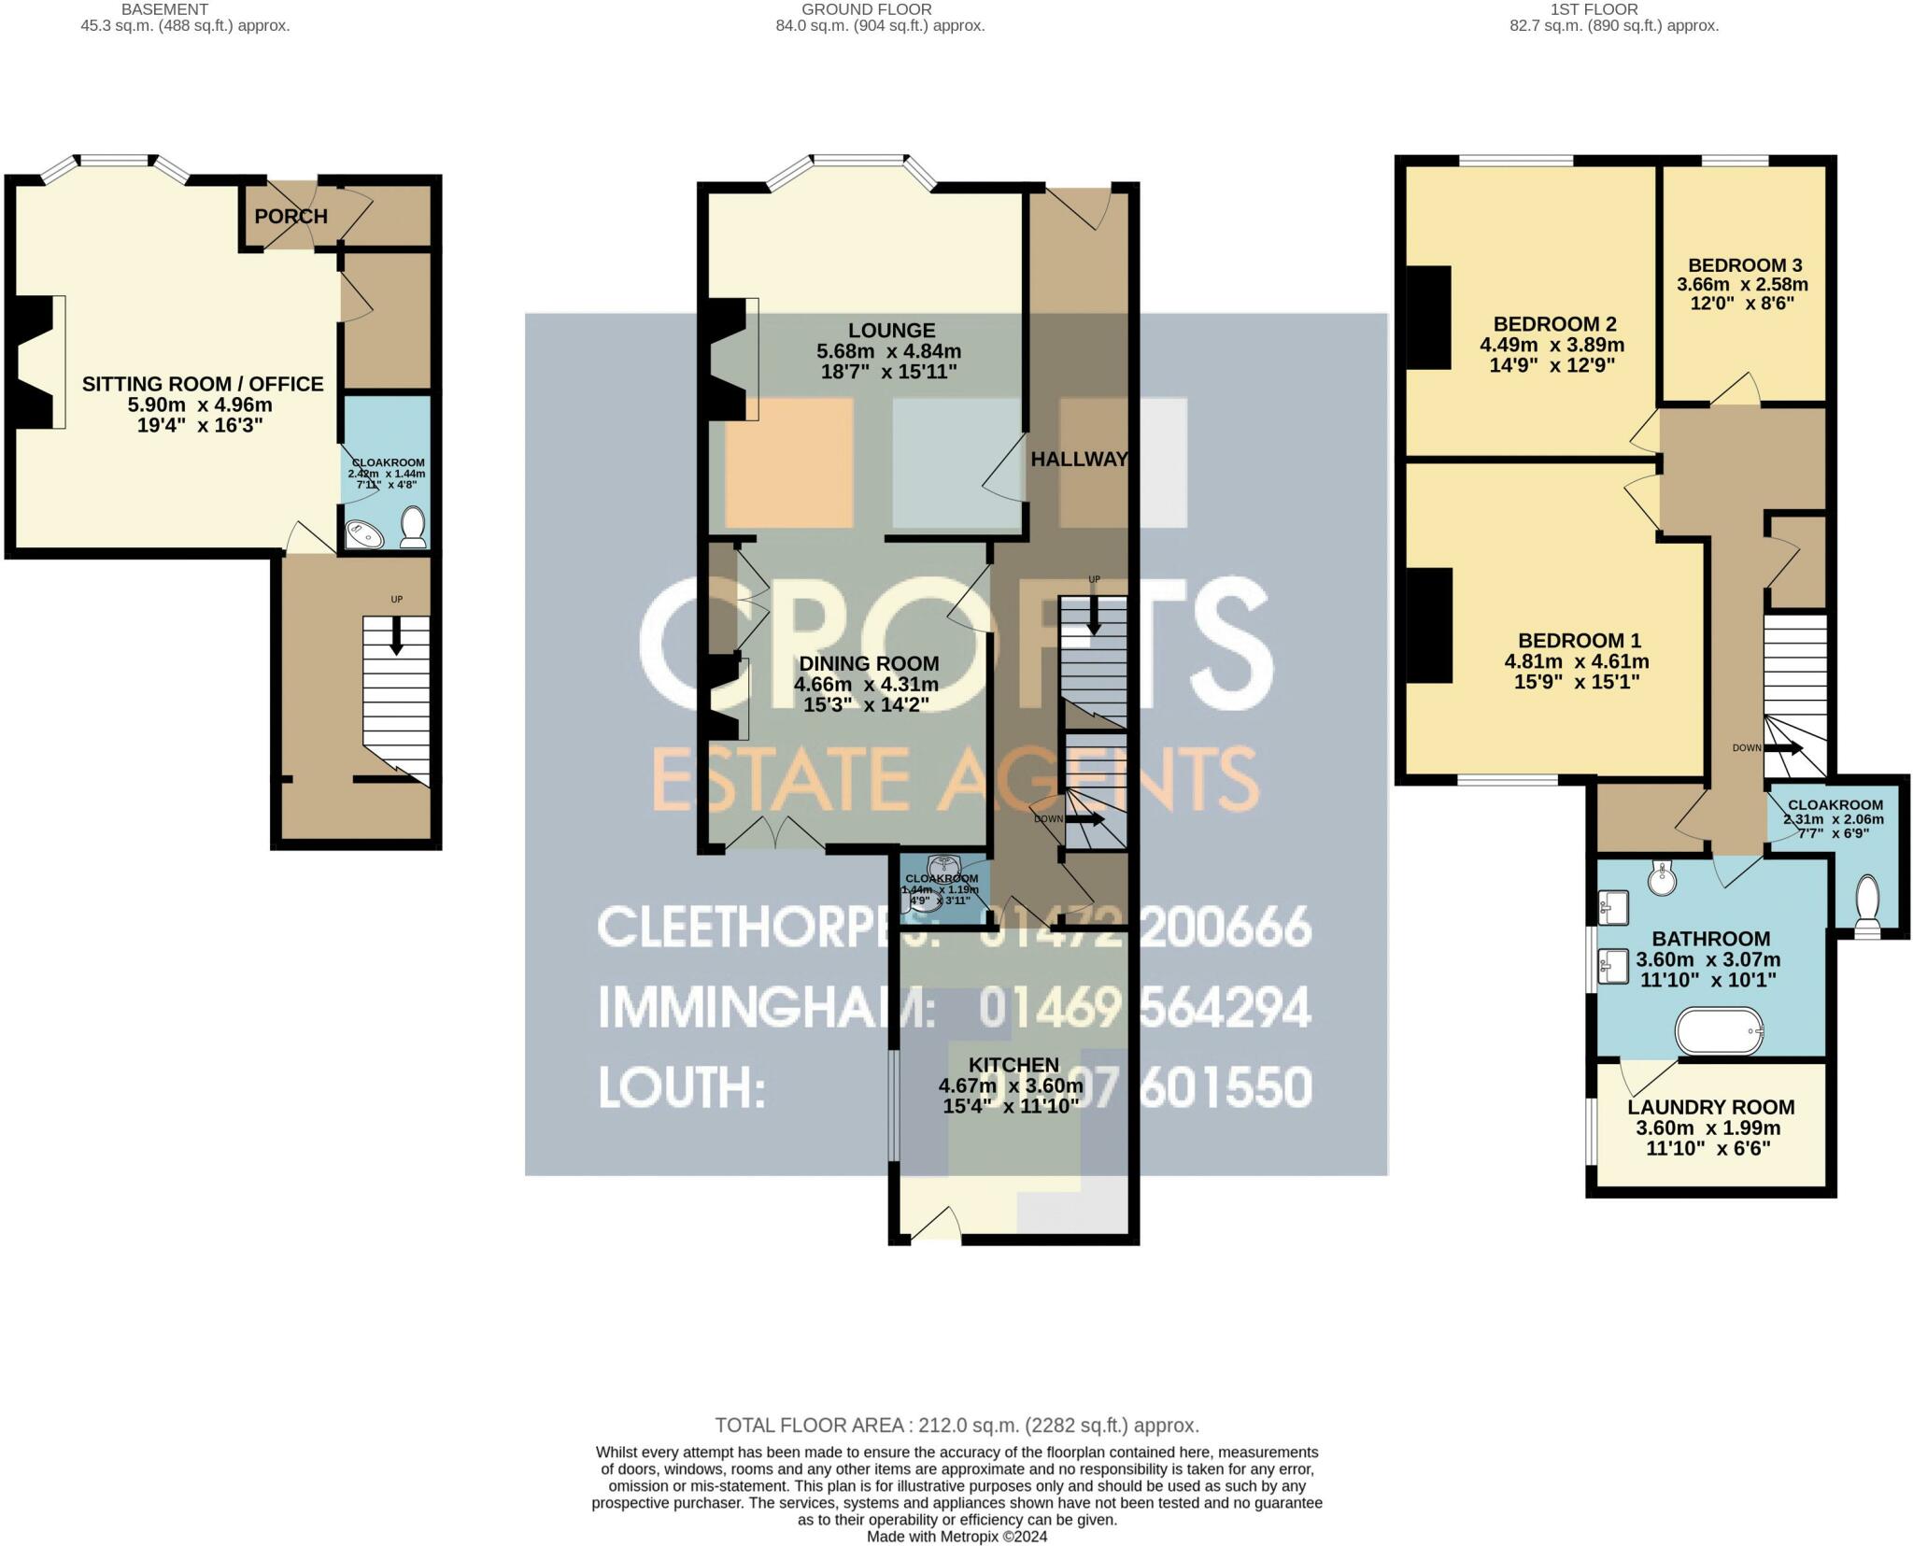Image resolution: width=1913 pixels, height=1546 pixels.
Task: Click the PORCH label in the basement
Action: click(290, 217)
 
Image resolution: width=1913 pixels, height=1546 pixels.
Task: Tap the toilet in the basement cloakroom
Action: click(412, 528)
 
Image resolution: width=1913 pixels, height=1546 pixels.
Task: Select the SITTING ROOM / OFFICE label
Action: click(203, 384)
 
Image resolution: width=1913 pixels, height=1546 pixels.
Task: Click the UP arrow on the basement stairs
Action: click(397, 637)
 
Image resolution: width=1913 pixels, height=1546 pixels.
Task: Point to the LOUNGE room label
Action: click(891, 331)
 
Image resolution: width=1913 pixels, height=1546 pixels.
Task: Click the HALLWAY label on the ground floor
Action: click(1079, 460)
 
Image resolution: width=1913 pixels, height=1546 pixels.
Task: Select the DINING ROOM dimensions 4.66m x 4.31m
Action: click(866, 685)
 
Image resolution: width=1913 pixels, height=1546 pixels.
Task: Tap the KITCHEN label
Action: click(1013, 1065)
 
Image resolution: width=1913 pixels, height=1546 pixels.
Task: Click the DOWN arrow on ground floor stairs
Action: click(1084, 819)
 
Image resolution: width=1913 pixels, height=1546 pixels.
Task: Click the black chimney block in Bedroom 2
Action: click(1429, 318)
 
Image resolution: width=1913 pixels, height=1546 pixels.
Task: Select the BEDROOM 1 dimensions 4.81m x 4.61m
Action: click(1577, 662)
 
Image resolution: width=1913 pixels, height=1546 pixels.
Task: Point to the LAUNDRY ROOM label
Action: click(1710, 1108)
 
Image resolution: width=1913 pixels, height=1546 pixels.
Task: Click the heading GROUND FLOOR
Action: click(866, 9)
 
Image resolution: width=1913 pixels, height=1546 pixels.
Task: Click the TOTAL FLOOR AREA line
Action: click(956, 1425)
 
